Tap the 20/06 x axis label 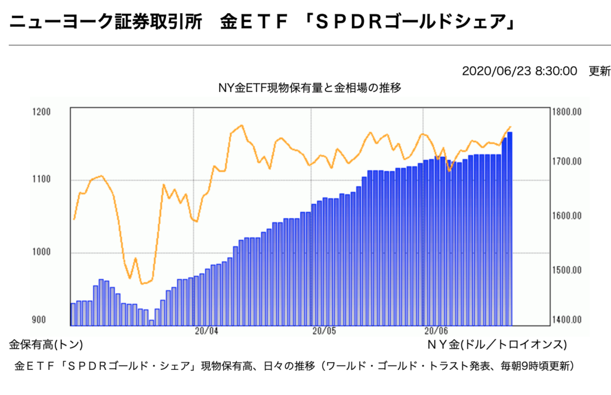pos(436,331)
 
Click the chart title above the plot pos(310,88)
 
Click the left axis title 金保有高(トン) pos(45,345)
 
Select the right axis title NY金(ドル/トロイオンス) pos(496,345)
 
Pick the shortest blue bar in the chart pos(152,323)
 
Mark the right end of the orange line pos(511,126)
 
